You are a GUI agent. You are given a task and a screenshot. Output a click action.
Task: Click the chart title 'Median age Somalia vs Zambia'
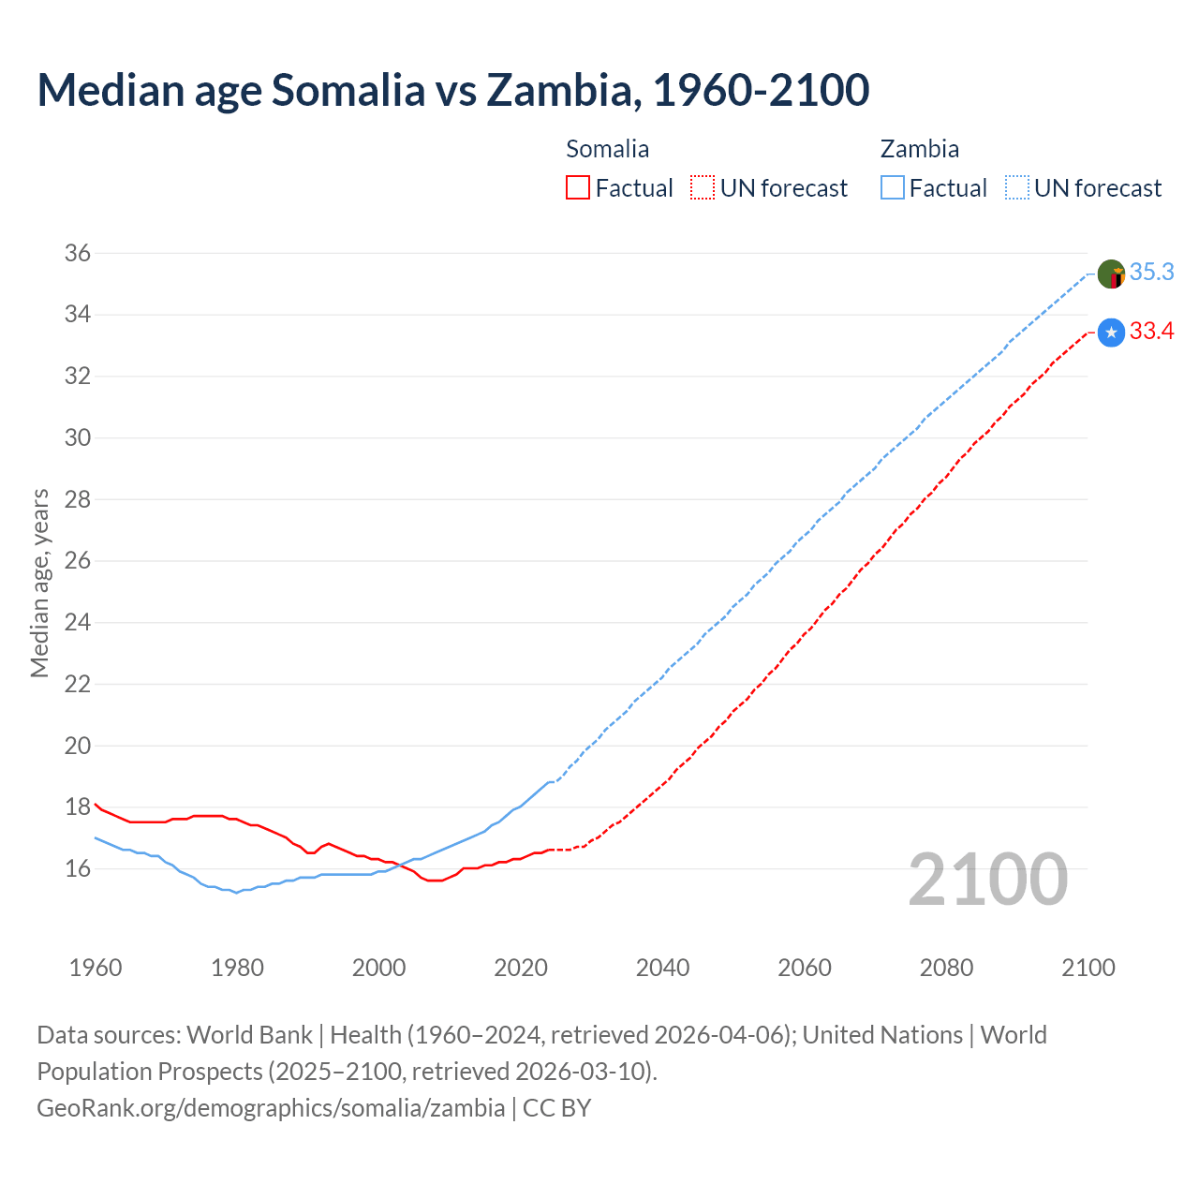click(452, 90)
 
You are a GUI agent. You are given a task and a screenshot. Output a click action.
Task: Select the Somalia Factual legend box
click(578, 188)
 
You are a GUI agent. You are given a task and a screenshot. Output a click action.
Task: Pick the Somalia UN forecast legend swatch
click(703, 188)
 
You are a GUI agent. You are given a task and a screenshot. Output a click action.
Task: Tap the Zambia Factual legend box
click(893, 188)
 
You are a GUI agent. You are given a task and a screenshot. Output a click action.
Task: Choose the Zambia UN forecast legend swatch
click(1017, 188)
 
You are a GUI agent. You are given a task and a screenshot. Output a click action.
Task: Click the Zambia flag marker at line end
click(1111, 274)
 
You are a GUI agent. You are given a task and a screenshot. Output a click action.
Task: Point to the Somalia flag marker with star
click(1111, 333)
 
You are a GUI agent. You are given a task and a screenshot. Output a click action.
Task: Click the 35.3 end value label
click(1151, 272)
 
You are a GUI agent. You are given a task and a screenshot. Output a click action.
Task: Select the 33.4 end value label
click(1151, 331)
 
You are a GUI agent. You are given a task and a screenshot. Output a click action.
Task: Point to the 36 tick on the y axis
click(78, 253)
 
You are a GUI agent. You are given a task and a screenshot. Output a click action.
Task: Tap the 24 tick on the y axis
click(78, 622)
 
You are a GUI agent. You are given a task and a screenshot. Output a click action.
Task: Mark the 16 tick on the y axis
click(78, 868)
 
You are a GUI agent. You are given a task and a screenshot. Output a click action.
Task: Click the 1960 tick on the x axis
click(96, 968)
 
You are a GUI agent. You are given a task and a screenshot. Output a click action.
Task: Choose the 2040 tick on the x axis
click(662, 968)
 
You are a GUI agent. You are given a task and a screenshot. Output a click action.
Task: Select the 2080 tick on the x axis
click(946, 968)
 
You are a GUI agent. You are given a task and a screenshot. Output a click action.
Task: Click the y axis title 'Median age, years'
click(39, 583)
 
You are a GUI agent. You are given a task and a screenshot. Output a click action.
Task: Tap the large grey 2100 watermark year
click(987, 879)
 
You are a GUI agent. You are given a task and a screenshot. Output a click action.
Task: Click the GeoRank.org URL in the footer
click(271, 1108)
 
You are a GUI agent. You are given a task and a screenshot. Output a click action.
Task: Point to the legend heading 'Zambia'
click(919, 149)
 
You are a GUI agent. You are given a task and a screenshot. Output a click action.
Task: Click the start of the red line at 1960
click(96, 804)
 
